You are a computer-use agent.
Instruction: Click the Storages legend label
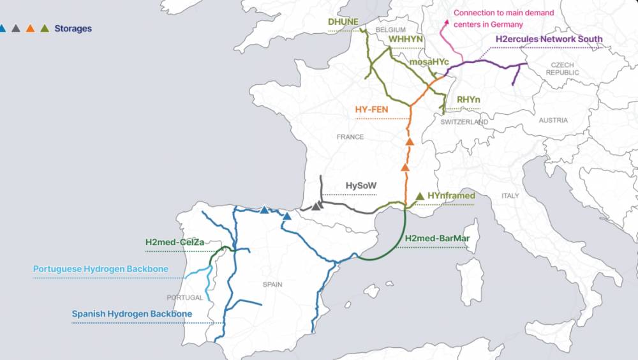(73, 29)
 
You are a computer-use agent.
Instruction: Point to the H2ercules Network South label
(549, 40)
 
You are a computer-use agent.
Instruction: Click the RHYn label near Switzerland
(468, 100)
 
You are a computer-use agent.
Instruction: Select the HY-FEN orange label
(371, 110)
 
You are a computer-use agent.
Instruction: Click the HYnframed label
(451, 196)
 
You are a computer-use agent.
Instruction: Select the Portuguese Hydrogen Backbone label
(101, 269)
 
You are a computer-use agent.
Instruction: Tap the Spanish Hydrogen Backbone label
(131, 313)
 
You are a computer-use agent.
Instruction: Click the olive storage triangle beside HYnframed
(419, 196)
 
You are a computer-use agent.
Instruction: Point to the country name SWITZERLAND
(464, 122)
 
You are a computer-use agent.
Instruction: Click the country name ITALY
(510, 195)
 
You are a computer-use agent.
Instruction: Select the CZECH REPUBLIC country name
(563, 69)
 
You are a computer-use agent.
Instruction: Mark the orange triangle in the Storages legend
(30, 28)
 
